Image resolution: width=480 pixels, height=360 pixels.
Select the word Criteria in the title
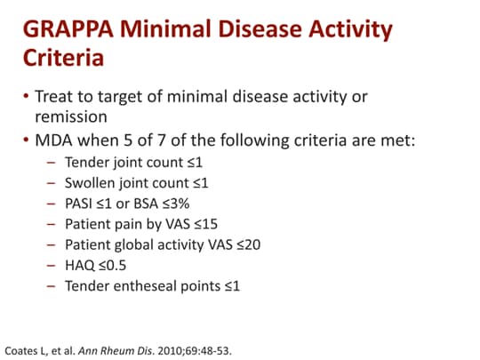[63, 60]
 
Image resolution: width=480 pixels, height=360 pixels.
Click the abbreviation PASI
[80, 203]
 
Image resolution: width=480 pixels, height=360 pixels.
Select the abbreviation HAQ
[80, 265]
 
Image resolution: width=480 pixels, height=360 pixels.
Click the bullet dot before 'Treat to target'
[27, 95]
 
